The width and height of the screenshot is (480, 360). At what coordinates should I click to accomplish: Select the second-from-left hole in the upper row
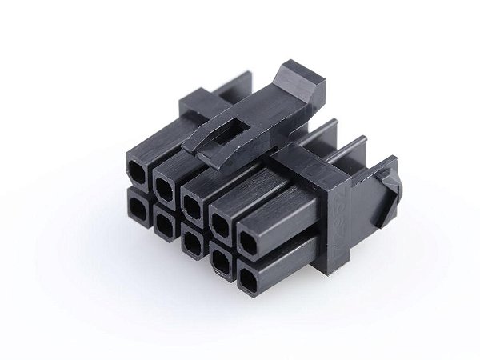[x=164, y=187]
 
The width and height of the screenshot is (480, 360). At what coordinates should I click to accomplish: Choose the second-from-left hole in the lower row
[x=164, y=226]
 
